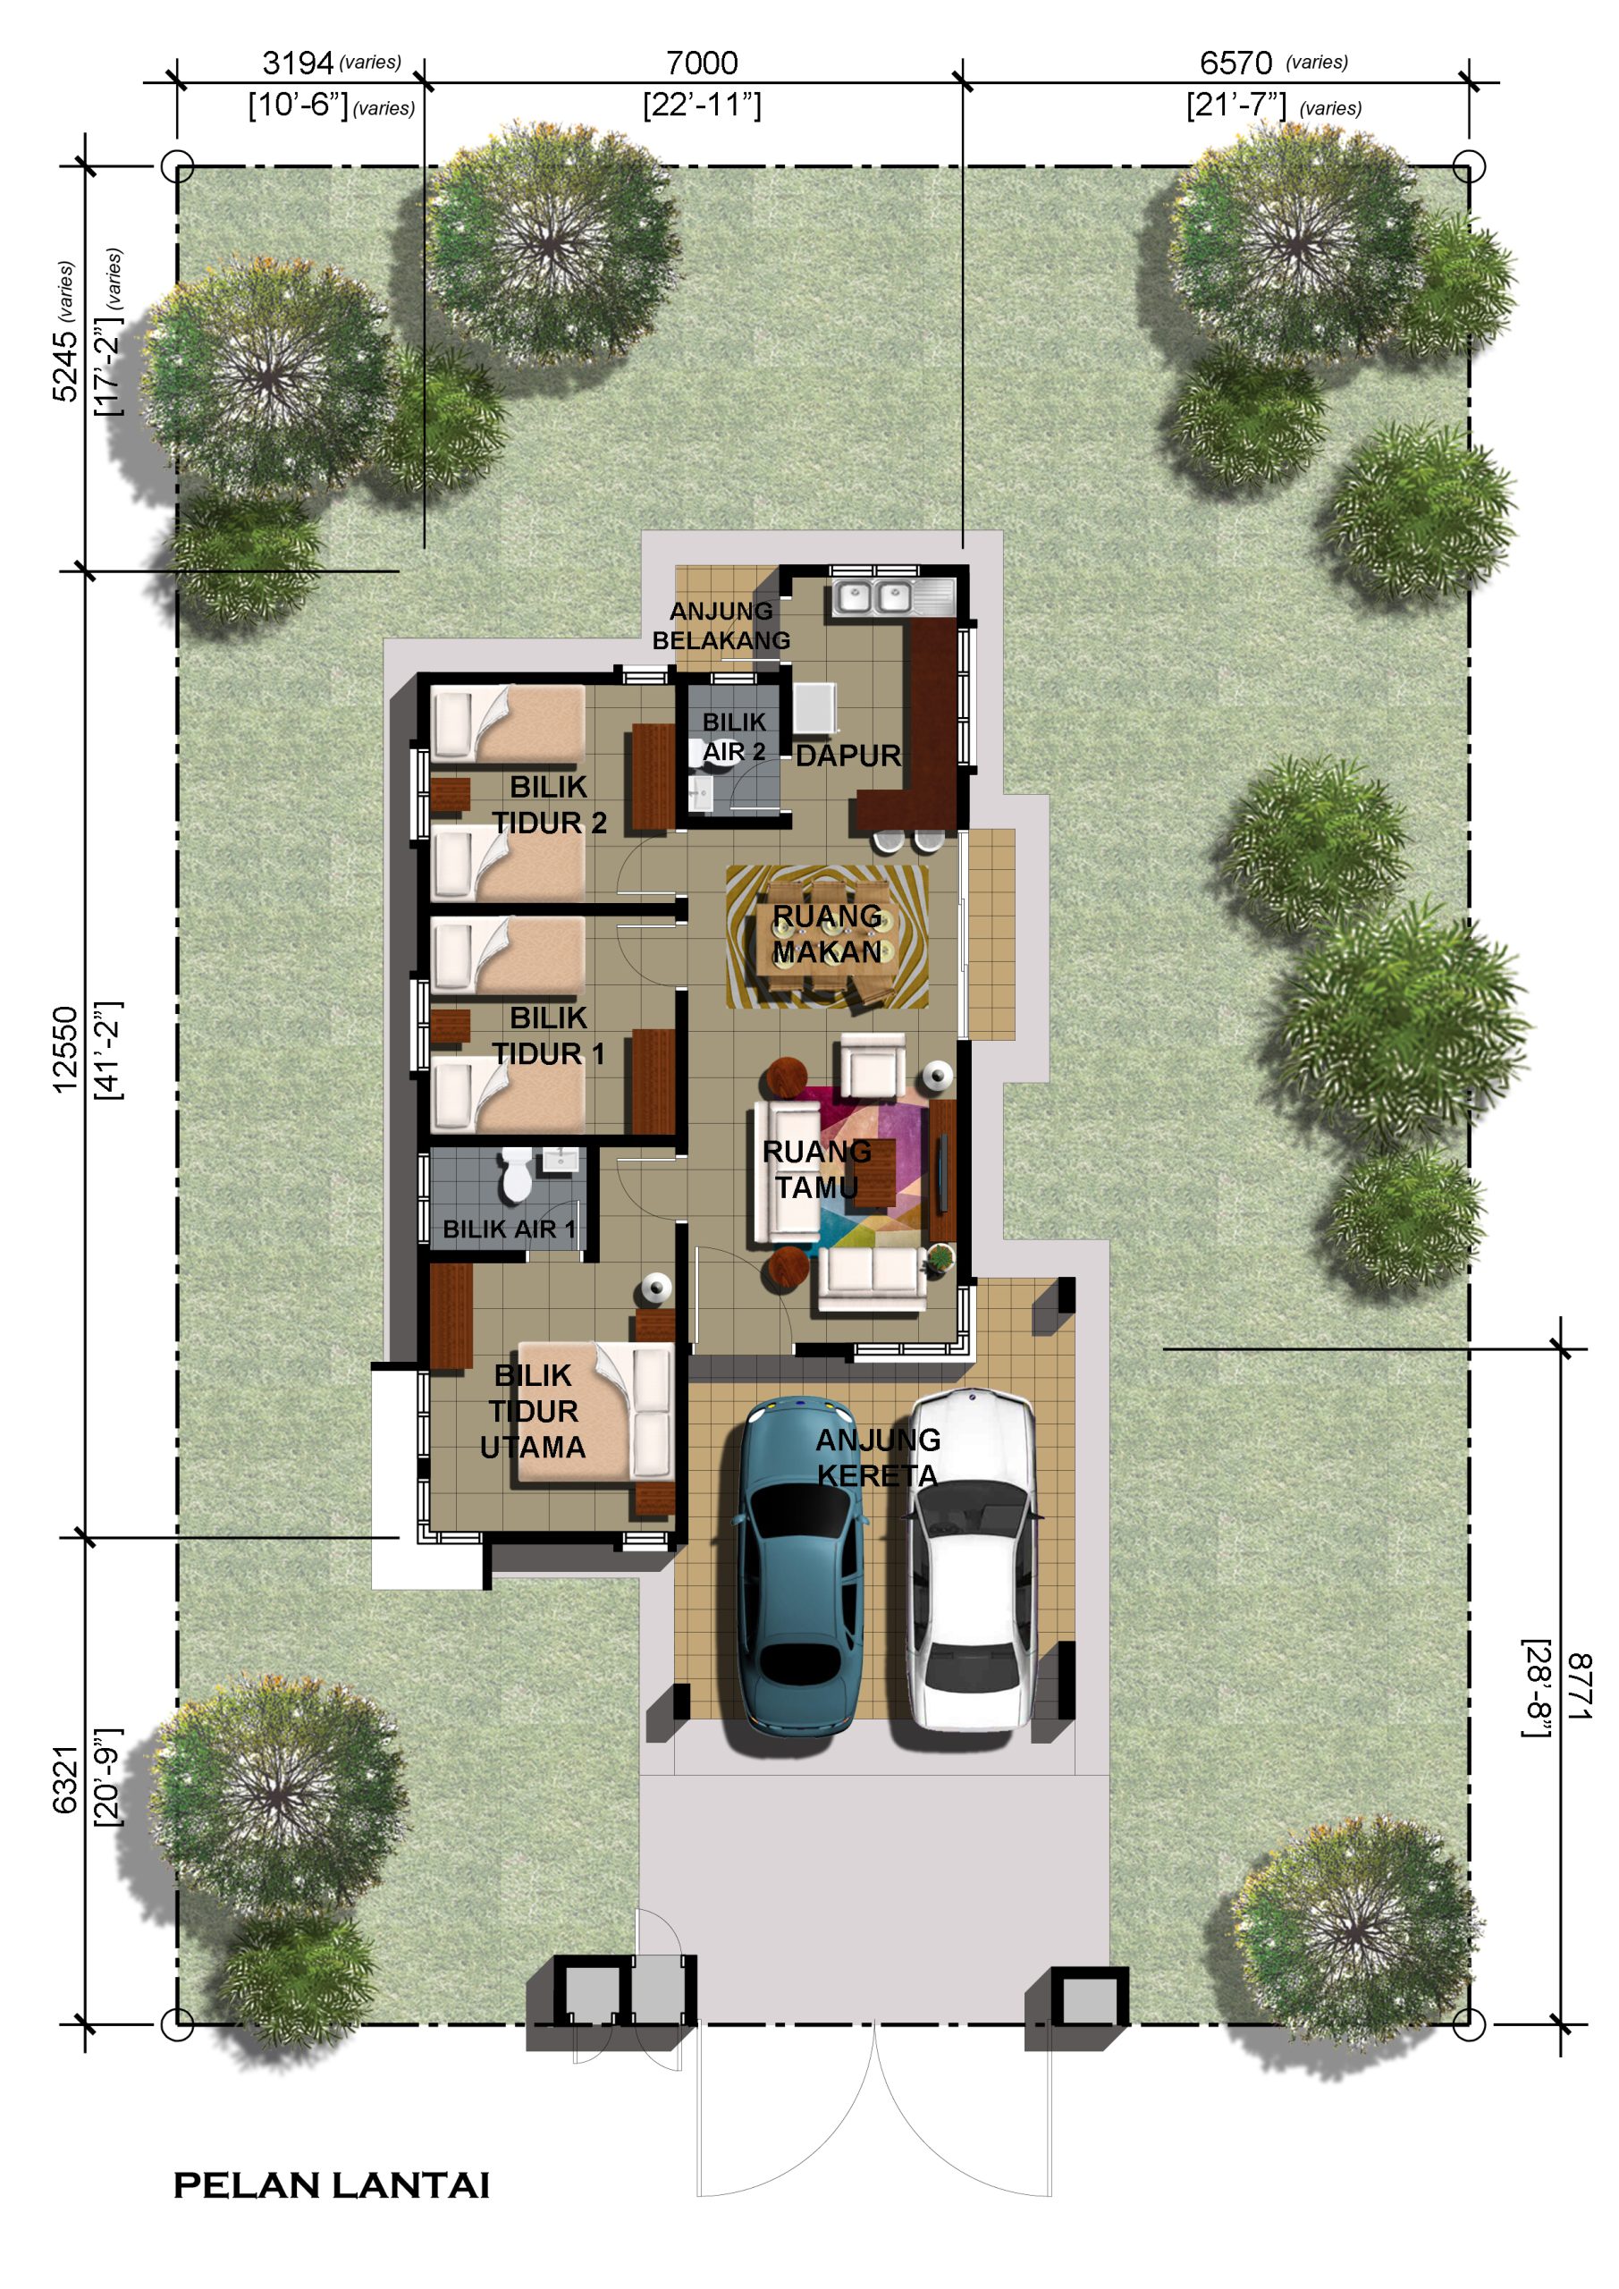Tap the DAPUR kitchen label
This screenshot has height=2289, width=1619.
pos(848,756)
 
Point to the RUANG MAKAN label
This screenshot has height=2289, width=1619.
pos(828,933)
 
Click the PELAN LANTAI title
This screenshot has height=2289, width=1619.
pos(332,2186)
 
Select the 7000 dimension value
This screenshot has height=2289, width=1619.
pos(702,63)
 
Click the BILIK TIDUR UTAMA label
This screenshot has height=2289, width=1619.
pos(534,1411)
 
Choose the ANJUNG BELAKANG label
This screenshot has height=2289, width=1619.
pos(721,625)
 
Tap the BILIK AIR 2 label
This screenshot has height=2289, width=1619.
pos(735,736)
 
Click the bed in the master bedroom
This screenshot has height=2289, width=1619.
pos(594,1411)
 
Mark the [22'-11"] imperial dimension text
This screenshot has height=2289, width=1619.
pos(702,105)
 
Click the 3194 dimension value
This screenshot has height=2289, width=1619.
pos(297,63)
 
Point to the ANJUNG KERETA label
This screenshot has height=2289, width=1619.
pos(877,1457)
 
